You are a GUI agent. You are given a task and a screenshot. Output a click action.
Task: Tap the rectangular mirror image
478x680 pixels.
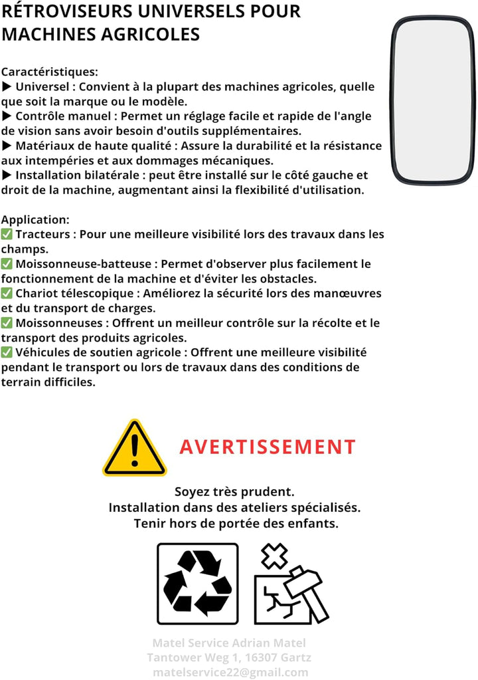(x=432, y=100)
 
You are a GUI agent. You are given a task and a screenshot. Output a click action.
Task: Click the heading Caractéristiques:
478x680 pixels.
(x=50, y=72)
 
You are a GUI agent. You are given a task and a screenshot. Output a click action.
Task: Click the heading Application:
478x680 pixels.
(x=35, y=219)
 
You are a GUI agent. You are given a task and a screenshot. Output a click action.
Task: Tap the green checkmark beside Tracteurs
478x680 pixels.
(x=7, y=234)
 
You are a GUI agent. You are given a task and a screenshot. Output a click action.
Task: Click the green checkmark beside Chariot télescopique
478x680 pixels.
(x=7, y=293)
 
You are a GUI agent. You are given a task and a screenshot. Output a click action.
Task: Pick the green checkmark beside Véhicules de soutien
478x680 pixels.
(x=7, y=352)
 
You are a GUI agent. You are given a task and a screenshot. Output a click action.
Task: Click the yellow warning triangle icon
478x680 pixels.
(x=134, y=449)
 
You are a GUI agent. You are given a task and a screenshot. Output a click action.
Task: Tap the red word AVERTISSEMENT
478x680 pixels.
(x=268, y=447)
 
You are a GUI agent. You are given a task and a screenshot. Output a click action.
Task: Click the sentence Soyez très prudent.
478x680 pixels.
(x=234, y=492)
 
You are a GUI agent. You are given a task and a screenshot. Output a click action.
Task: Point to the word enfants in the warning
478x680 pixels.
(x=312, y=523)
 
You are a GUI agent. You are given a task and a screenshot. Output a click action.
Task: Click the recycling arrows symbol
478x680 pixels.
(x=197, y=583)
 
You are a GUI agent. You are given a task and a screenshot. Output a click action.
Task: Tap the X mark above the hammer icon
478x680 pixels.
(x=274, y=556)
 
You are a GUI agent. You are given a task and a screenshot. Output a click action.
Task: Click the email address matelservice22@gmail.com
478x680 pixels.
(x=230, y=672)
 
